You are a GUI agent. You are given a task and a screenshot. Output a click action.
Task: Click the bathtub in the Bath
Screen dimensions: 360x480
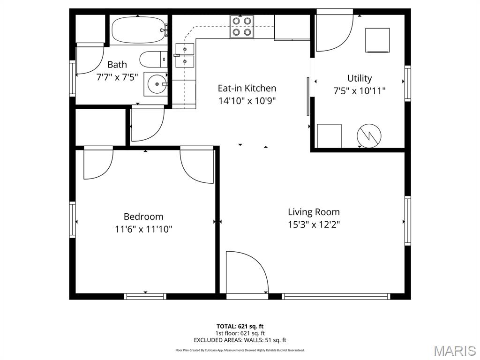(138, 30)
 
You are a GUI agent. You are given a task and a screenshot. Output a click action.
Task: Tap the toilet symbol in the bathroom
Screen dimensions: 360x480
(152, 60)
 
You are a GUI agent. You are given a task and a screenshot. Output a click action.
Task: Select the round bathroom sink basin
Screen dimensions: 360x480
(155, 85)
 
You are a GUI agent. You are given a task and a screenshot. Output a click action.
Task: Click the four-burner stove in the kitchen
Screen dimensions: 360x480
(242, 27)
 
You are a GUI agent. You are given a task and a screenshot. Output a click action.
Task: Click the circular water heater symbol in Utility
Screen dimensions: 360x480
(369, 136)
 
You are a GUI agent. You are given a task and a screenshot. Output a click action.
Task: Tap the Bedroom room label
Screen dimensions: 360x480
(143, 217)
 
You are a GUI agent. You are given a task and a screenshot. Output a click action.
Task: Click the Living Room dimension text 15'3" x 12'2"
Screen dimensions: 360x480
(314, 225)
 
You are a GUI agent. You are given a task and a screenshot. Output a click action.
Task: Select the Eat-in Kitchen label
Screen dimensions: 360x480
(247, 88)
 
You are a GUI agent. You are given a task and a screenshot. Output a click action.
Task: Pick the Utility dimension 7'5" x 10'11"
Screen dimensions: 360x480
(360, 91)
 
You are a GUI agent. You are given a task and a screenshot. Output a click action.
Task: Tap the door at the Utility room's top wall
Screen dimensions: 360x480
(334, 31)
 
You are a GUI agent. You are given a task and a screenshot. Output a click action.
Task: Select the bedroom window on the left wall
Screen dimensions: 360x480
(73, 219)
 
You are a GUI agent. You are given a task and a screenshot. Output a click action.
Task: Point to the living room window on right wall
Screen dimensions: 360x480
(407, 220)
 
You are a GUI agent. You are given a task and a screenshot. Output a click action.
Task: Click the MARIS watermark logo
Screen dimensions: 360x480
(454, 351)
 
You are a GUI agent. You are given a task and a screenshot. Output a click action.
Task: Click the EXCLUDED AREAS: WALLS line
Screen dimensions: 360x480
(240, 340)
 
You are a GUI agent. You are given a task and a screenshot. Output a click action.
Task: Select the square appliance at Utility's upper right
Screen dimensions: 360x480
(377, 40)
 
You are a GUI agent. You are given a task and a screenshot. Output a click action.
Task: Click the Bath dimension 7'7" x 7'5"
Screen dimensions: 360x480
(117, 77)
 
